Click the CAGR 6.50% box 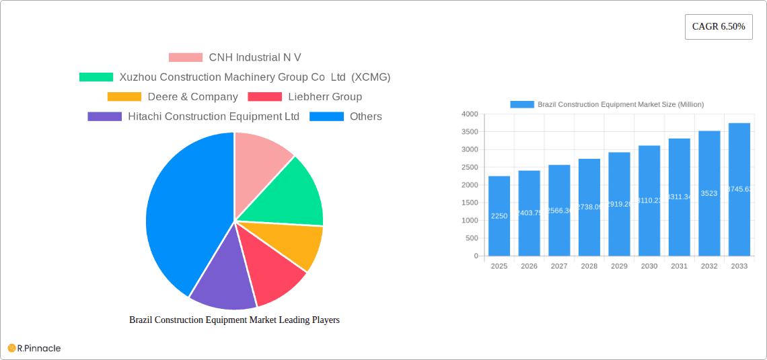(x=719, y=27)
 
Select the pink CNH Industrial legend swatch (x=185, y=58)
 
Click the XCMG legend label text (x=255, y=77)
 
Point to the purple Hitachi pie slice (x=222, y=276)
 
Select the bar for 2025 (x=499, y=216)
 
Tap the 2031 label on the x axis (x=679, y=266)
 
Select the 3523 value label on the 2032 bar (x=709, y=194)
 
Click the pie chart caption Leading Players (x=234, y=320)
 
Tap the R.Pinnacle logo (x=34, y=348)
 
